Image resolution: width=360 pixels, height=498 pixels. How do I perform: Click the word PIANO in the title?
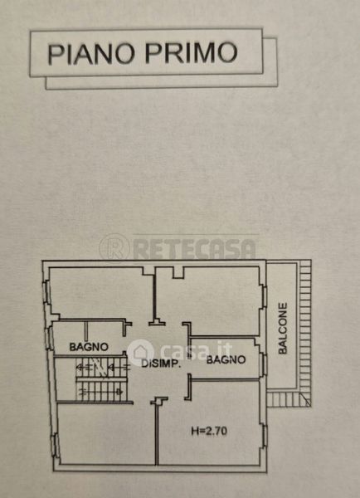click(90, 54)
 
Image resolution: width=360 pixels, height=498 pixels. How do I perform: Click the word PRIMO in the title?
click(191, 52)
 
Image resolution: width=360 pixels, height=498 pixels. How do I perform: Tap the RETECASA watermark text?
click(194, 249)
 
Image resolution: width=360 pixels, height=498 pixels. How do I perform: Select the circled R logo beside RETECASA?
click(114, 248)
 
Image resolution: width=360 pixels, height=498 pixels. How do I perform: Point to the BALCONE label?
click(282, 329)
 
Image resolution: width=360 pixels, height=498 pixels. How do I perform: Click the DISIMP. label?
click(161, 364)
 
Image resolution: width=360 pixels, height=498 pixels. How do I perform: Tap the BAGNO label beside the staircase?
click(89, 347)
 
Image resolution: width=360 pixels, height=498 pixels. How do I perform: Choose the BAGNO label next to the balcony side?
click(226, 360)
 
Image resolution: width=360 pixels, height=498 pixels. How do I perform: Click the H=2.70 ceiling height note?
click(209, 431)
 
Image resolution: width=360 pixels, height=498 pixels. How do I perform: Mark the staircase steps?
click(101, 379)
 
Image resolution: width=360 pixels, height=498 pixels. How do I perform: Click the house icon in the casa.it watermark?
click(141, 353)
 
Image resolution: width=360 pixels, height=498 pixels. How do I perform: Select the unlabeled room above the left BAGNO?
click(101, 292)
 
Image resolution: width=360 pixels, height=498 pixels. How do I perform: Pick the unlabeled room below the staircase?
click(106, 433)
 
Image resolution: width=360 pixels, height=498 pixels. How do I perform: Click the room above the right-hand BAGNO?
click(209, 301)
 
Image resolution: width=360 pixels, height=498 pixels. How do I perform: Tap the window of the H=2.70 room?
click(264, 437)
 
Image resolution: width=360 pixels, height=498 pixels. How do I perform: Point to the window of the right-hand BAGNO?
click(263, 364)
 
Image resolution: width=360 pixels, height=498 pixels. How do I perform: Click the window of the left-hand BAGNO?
click(49, 339)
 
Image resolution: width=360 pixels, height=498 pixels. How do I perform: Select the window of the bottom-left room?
click(55, 445)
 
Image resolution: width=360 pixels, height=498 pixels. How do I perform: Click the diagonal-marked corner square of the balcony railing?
click(305, 399)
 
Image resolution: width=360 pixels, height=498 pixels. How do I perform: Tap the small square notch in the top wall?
click(178, 272)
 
